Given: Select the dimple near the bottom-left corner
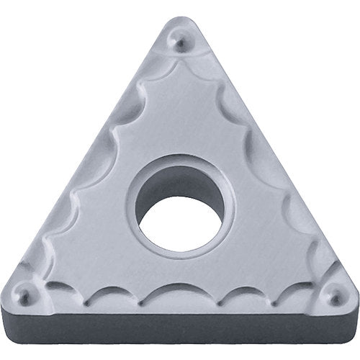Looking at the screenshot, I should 26,295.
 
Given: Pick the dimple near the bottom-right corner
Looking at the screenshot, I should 333,296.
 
